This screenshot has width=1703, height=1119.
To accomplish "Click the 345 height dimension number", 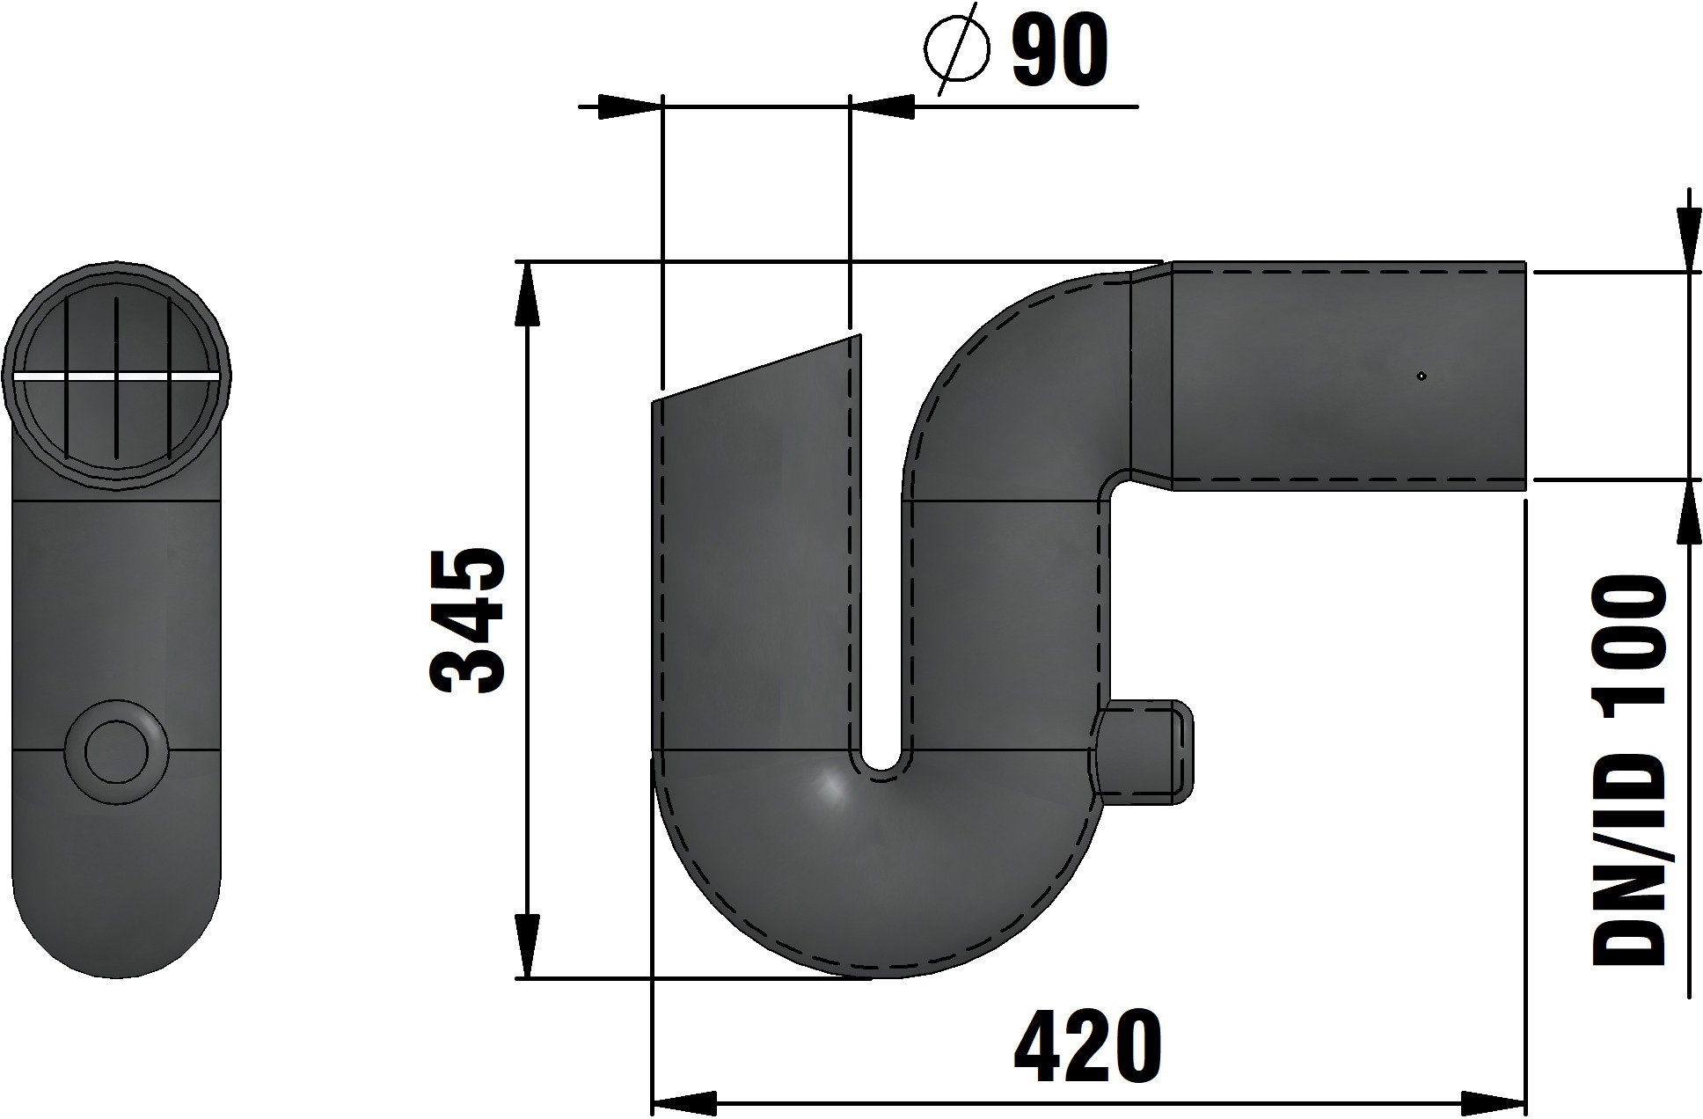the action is tap(466, 620).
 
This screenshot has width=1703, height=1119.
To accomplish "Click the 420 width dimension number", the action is tap(1087, 1048).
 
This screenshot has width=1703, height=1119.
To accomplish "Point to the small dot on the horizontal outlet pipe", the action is tap(1422, 377).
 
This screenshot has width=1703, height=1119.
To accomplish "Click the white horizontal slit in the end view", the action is tap(117, 377).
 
